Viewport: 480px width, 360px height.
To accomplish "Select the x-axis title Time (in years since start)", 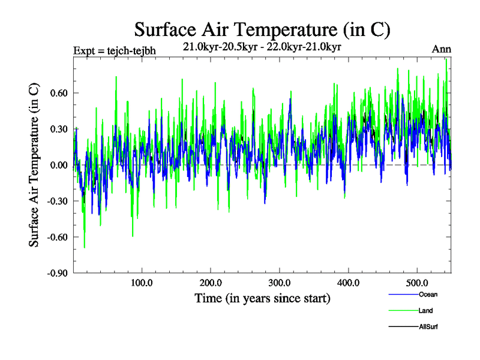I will tap(262, 298).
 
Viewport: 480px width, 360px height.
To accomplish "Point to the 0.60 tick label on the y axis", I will tap(57, 93).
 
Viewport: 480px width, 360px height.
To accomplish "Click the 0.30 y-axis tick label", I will tap(57, 129).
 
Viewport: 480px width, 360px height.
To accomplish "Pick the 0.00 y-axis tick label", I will tap(57, 165).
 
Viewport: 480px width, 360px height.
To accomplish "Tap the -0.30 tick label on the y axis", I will tap(56, 201).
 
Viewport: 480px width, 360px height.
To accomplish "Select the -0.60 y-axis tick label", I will tap(56, 237).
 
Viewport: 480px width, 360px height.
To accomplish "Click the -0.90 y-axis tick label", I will tap(56, 273).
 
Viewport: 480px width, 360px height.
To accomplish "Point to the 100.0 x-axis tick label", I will tap(142, 283).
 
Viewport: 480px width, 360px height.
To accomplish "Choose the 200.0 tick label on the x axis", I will tap(211, 283).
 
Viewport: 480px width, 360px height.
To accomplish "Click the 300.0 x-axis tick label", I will tap(280, 283).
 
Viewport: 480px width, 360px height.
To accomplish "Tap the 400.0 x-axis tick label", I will tap(349, 283).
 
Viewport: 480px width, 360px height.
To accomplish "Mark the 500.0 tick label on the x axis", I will tap(417, 283).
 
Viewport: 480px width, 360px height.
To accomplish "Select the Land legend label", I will tap(425, 311).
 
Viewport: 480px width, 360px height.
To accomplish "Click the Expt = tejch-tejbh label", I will tap(114, 50).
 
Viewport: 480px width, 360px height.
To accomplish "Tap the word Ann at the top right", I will tap(442, 49).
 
